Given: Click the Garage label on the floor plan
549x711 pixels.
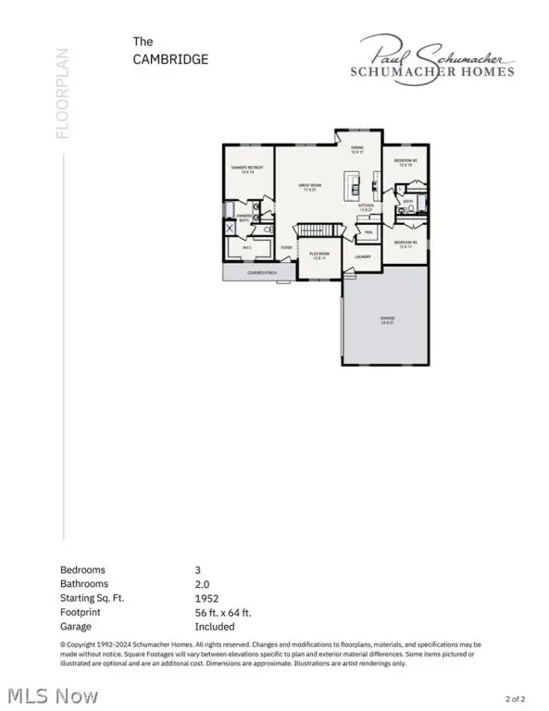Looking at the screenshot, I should tap(385, 319).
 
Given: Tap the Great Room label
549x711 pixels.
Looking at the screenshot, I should tap(308, 188).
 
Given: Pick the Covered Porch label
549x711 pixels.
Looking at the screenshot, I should tap(262, 273).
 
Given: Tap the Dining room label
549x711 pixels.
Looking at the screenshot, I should tap(356, 150).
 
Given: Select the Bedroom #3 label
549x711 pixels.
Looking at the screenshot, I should tap(406, 243).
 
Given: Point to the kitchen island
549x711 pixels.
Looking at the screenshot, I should tap(353, 185).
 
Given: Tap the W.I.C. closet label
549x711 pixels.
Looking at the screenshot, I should tap(247, 248).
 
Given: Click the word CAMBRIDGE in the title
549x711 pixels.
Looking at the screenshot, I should tap(171, 59).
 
